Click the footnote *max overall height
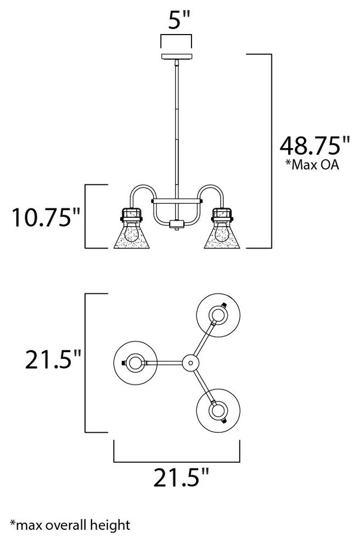(x=70, y=525)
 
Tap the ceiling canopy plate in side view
(x=176, y=57)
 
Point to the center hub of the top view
(x=190, y=362)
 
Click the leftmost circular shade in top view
(x=133, y=362)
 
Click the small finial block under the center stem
(x=176, y=224)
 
